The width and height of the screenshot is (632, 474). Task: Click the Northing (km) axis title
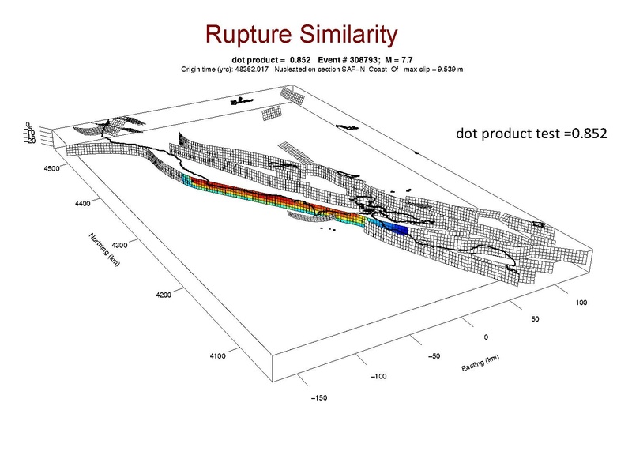coord(104,254)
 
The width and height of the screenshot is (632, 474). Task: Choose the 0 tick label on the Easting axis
coord(486,337)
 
